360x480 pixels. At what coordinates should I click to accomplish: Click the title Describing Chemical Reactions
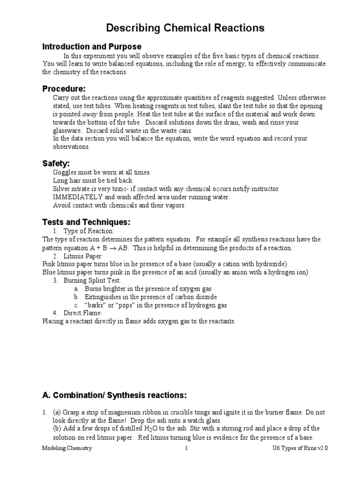coord(185,28)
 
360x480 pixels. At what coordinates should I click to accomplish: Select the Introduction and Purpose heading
coord(92,46)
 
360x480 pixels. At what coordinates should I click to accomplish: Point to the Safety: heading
coord(56,163)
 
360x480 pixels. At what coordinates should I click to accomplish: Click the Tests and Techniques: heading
coord(86,222)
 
